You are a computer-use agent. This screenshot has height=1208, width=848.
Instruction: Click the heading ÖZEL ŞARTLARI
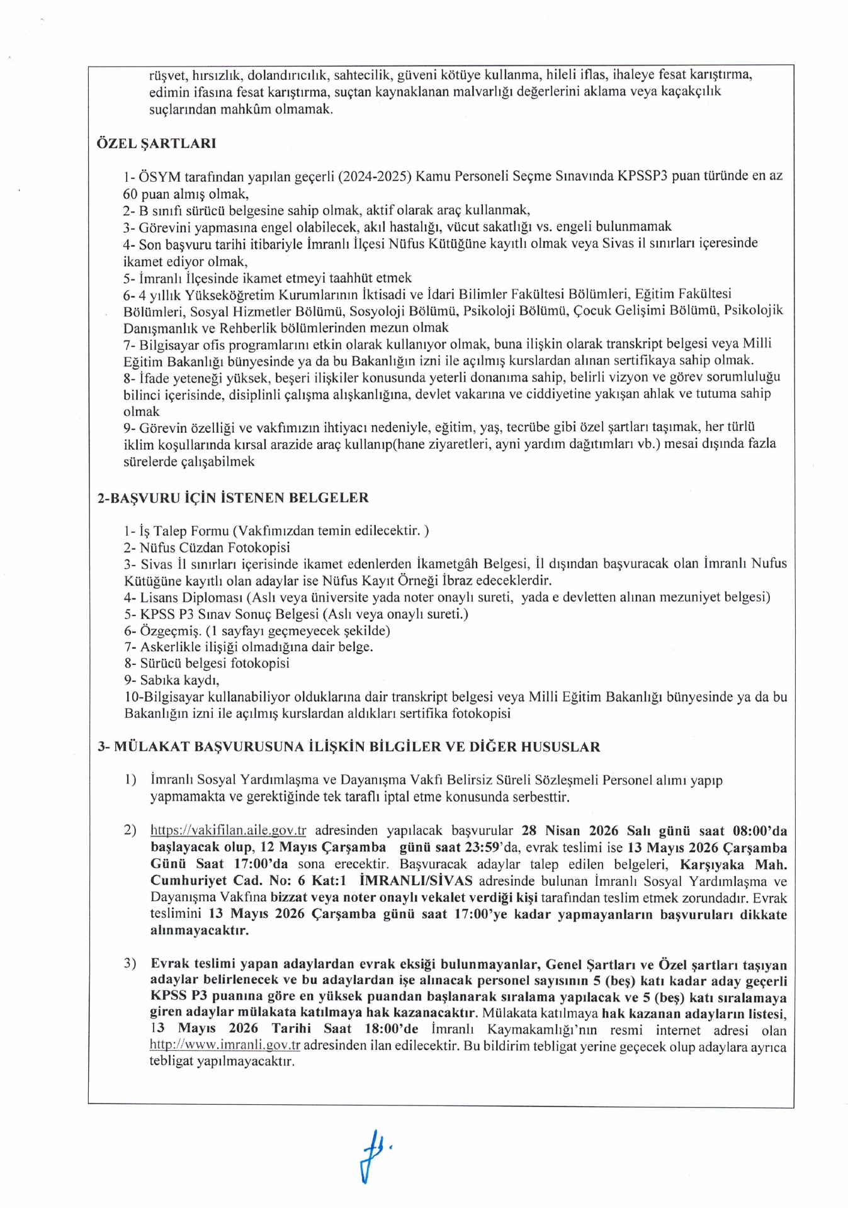(x=156, y=143)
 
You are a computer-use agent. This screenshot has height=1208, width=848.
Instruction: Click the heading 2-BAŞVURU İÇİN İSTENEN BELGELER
(x=233, y=498)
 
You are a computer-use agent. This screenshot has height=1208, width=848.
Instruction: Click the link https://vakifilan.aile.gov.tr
(x=228, y=830)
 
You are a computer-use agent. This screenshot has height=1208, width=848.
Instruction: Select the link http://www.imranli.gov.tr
(x=225, y=1045)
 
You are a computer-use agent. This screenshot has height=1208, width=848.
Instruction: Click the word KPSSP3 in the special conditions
(x=642, y=176)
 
